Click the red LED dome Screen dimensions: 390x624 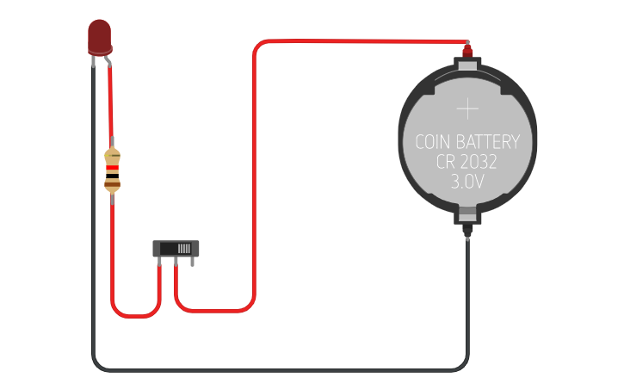pos(100,36)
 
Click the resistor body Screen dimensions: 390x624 pos(112,170)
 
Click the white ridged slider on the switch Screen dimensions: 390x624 pos(183,248)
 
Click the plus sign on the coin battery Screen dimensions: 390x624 pos(467,108)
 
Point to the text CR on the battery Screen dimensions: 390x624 pos(437,163)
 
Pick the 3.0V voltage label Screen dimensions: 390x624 pos(467,183)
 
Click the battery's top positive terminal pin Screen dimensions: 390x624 pos(467,52)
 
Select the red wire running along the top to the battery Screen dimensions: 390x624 pos(361,41)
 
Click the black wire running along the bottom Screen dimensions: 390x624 pos(275,369)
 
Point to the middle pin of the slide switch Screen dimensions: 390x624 pos(176,262)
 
